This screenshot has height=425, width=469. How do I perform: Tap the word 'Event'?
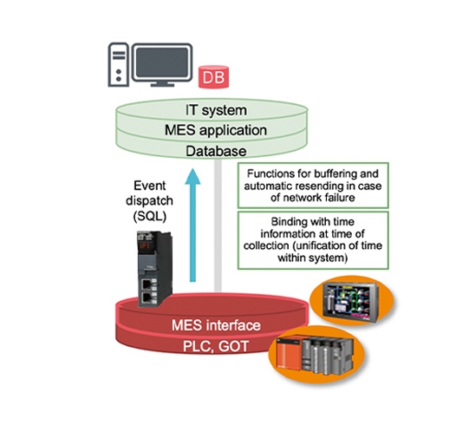coord(151,186)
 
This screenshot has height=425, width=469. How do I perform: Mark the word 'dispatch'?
coord(151,199)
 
